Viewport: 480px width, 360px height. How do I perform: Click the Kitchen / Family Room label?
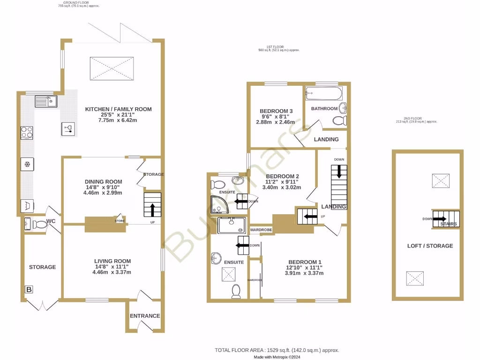pyautogui.click(x=118, y=109)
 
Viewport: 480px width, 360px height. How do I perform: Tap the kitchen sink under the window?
pyautogui.click(x=45, y=101)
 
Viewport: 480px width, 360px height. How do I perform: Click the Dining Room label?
pyautogui.click(x=103, y=182)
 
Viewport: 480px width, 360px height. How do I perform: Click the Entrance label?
pyautogui.click(x=145, y=316)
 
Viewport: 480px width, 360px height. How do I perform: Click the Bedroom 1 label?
pyautogui.click(x=305, y=262)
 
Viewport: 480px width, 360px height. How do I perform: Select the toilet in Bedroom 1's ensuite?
pyautogui.click(x=236, y=292)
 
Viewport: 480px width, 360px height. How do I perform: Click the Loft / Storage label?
pyautogui.click(x=430, y=246)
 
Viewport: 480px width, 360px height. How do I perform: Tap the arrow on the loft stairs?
pyautogui.click(x=440, y=218)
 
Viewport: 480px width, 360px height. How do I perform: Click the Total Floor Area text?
pyautogui.click(x=277, y=350)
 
